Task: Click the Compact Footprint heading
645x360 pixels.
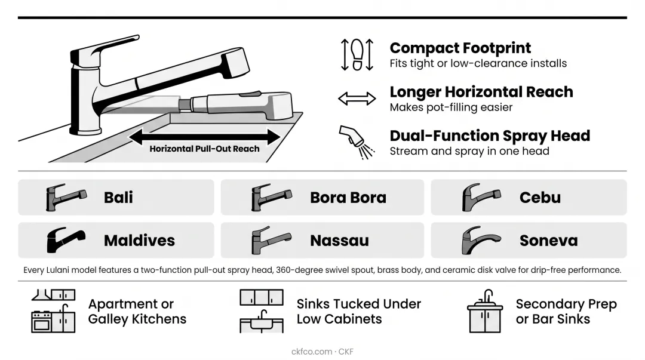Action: [x=460, y=48]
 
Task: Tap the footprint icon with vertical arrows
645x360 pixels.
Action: [x=357, y=55]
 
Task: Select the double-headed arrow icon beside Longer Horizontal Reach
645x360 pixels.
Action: [x=357, y=99]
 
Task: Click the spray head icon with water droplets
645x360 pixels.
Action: [x=357, y=142]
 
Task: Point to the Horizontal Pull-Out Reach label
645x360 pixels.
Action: [x=204, y=149]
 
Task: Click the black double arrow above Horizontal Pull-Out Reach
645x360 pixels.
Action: [x=204, y=137]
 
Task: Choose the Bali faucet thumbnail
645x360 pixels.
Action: [x=66, y=197]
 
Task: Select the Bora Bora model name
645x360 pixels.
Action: [x=348, y=198]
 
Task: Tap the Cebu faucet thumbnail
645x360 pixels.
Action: [x=481, y=197]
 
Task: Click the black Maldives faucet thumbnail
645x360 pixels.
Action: [x=66, y=240]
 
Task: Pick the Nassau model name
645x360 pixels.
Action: [x=339, y=240]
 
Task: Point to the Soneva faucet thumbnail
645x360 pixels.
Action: [x=481, y=240]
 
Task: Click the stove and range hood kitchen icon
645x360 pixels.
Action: [x=54, y=310]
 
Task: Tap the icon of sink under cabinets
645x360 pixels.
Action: [x=262, y=310]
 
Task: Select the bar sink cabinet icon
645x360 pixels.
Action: [x=485, y=311]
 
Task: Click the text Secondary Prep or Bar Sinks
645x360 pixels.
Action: [x=566, y=312]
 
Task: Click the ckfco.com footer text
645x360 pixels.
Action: [x=311, y=352]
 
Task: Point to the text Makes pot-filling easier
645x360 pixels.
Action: [x=451, y=107]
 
